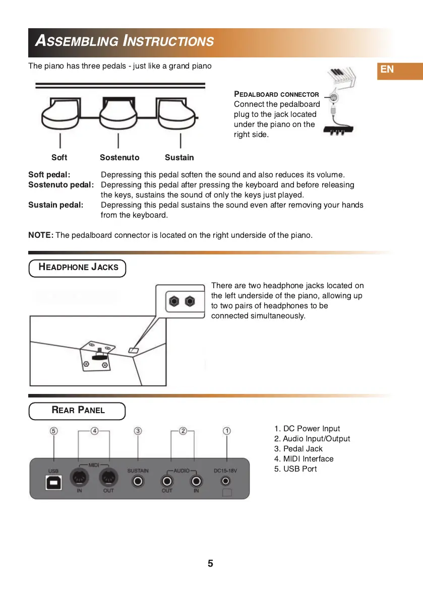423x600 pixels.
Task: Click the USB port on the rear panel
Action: coord(53,482)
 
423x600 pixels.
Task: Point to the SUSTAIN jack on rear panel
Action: coord(138,482)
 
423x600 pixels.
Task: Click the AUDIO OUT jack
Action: coord(167,482)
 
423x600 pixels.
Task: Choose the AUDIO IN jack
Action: coord(196,482)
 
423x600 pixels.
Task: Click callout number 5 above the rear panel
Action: coord(54,431)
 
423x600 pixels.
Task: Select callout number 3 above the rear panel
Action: coord(138,431)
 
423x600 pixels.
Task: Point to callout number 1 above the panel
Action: coord(227,431)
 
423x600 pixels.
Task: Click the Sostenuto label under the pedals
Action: coord(119,158)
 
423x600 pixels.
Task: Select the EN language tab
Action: coord(387,70)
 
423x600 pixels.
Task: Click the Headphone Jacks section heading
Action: coord(78,268)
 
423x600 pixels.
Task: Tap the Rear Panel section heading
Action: coord(78,410)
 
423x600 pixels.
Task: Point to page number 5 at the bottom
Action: coord(210,564)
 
